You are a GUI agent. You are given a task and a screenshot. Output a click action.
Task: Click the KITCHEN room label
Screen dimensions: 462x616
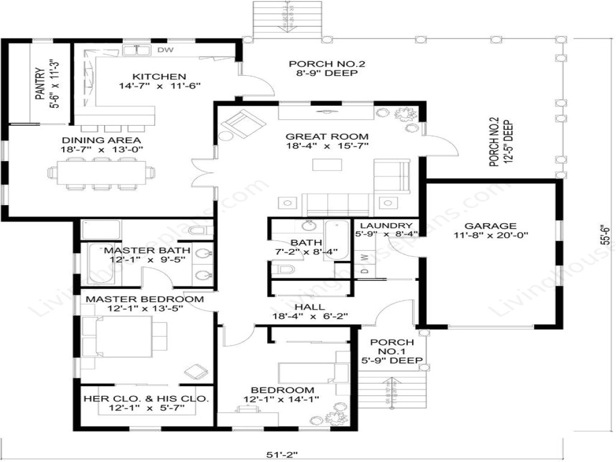pyautogui.click(x=159, y=76)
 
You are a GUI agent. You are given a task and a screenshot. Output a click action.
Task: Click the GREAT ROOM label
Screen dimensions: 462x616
pyautogui.click(x=327, y=136)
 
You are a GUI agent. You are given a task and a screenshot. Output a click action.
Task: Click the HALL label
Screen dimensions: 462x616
pyautogui.click(x=311, y=307)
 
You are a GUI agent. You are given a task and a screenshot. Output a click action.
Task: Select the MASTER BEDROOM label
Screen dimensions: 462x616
pyautogui.click(x=144, y=299)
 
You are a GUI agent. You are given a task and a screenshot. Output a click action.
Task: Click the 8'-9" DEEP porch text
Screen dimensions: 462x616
pyautogui.click(x=327, y=73)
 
